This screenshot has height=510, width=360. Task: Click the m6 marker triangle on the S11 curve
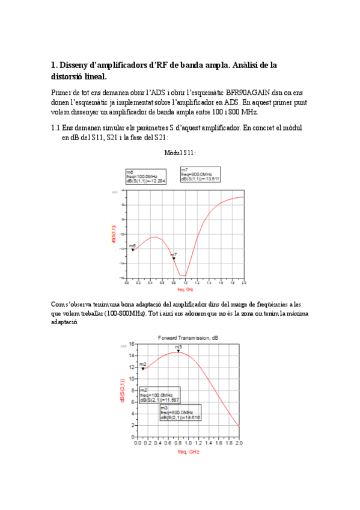click(x=132, y=248)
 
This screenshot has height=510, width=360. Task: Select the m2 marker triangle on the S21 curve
click(x=143, y=368)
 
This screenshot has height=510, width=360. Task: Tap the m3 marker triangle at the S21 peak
click(x=178, y=351)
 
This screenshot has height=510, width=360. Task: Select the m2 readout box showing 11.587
click(x=159, y=395)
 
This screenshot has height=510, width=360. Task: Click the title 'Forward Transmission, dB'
click(x=185, y=338)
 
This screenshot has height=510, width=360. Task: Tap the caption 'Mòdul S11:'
click(x=180, y=153)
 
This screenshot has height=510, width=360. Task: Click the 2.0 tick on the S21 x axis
click(x=239, y=443)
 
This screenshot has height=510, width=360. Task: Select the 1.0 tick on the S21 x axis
click(x=188, y=443)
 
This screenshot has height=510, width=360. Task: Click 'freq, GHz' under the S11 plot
click(x=177, y=289)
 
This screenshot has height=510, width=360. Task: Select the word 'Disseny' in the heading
click(x=78, y=65)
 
